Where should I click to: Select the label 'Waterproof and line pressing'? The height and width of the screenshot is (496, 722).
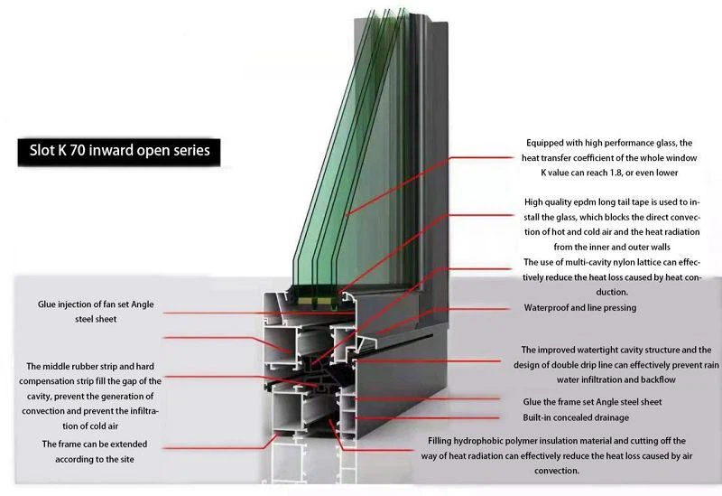click(x=580, y=308)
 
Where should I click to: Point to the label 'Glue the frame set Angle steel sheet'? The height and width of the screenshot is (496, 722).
click(x=592, y=402)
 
